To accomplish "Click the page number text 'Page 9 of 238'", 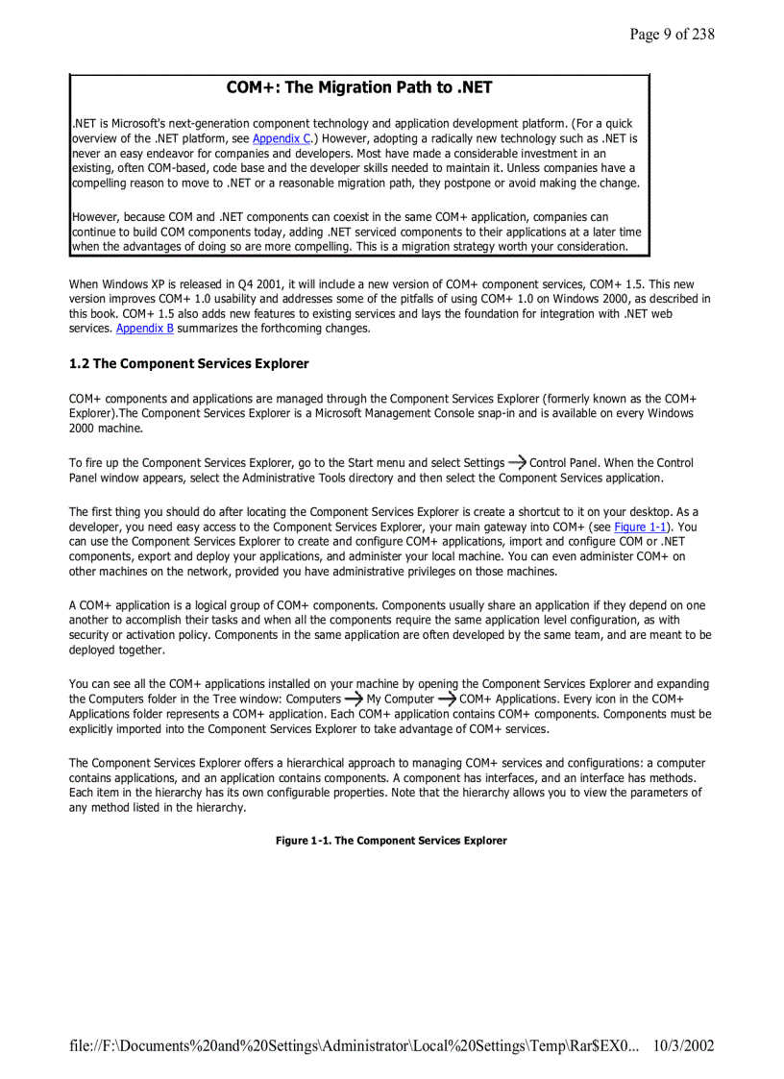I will (x=672, y=35).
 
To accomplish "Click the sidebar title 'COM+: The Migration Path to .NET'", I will (x=359, y=88).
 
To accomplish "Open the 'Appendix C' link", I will (x=282, y=138).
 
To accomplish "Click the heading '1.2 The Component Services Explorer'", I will (x=189, y=364).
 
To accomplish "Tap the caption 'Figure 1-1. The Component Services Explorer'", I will (x=391, y=841).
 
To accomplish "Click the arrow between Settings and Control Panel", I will (x=517, y=462).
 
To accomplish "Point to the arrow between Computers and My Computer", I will (x=354, y=699).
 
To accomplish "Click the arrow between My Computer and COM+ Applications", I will (x=447, y=699).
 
